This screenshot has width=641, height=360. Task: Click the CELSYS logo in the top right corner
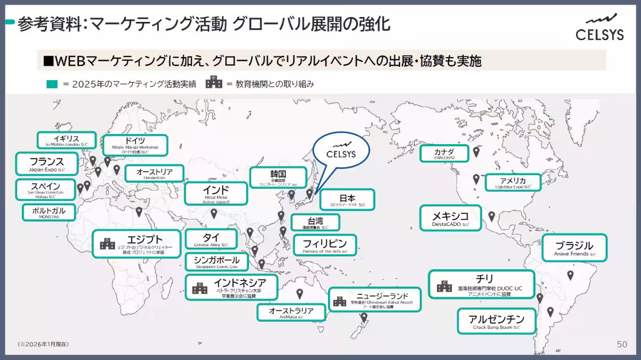tap(599, 27)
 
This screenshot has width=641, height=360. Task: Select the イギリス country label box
tap(66, 140)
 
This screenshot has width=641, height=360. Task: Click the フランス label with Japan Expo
tap(46, 164)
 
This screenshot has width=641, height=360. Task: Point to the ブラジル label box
tap(574, 248)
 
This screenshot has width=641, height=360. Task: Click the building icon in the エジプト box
tap(107, 245)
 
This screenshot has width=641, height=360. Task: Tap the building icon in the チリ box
tap(444, 285)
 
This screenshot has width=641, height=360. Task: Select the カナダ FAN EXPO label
tap(444, 154)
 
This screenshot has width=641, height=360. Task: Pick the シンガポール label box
tap(217, 262)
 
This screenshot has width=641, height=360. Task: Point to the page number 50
tap(622, 345)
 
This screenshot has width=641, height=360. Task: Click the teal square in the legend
tap(51, 84)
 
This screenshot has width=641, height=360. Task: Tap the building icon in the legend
tap(214, 83)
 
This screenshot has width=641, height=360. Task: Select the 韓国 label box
tap(278, 178)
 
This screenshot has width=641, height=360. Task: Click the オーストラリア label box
tap(291, 312)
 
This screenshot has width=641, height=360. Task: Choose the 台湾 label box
tap(315, 222)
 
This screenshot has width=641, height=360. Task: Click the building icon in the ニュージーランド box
tap(340, 302)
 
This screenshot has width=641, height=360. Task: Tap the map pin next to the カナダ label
tap(476, 152)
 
